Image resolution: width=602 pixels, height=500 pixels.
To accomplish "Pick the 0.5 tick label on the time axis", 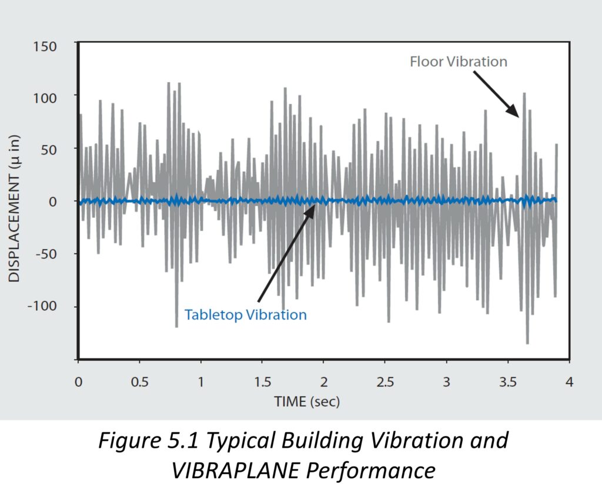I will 139,381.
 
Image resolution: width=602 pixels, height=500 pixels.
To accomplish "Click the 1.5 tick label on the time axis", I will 262,381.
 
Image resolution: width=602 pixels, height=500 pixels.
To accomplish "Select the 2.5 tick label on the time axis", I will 385,381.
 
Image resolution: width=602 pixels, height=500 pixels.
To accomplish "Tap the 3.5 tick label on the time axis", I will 508,381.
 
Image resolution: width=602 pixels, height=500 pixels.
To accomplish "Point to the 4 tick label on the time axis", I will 568,381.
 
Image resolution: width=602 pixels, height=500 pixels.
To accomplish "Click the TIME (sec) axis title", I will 307,402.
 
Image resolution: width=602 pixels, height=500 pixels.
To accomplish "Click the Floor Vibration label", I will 459,62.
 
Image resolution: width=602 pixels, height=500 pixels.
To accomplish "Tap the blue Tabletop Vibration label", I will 245,315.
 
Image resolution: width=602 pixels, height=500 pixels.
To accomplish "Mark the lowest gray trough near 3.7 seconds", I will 527,344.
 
